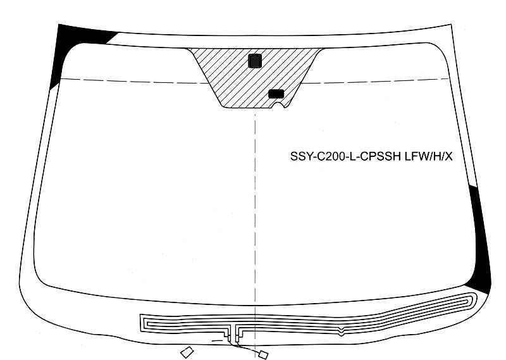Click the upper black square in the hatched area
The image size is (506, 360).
[255, 61]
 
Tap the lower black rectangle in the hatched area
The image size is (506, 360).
[276, 94]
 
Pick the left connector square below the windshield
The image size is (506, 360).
[187, 352]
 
